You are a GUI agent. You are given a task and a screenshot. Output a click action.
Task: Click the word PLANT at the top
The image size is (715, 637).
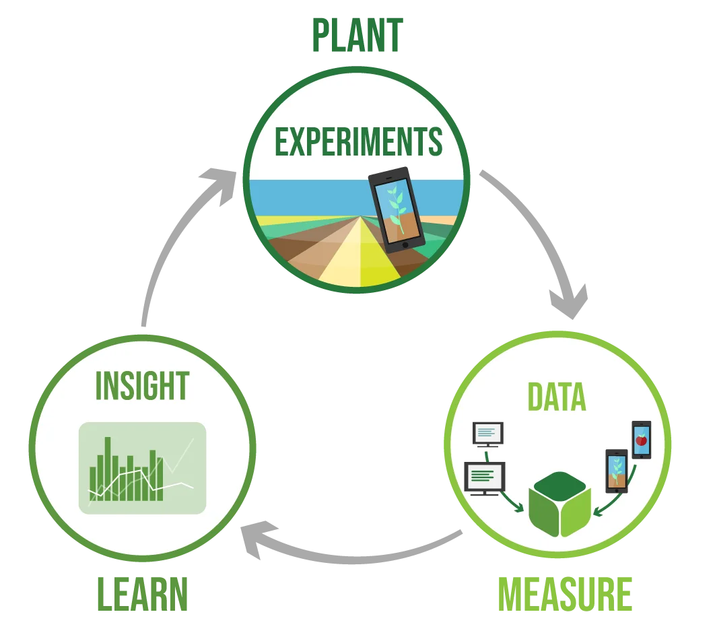pos(357,36)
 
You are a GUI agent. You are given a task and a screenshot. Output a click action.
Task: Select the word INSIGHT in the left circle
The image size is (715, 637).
pos(142,385)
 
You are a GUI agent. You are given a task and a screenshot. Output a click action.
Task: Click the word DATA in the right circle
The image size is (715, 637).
pos(557,397)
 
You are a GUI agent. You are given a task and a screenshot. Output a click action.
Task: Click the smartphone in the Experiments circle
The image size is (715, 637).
pos(397,209)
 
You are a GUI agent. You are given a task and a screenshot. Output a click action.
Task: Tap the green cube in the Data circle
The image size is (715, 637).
pos(559,505)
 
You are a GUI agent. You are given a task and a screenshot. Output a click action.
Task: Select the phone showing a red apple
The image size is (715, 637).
pos(641,440)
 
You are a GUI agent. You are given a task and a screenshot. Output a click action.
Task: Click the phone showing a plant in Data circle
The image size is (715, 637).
pos(616,470)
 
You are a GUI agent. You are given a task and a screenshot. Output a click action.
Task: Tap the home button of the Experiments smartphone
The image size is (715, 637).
pos(405,245)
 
